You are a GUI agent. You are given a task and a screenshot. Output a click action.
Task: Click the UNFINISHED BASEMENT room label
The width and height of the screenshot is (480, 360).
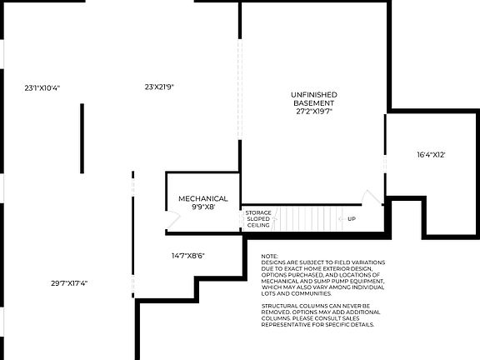click(x=313, y=98)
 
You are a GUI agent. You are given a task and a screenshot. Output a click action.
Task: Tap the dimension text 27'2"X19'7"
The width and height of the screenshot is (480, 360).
click(x=313, y=110)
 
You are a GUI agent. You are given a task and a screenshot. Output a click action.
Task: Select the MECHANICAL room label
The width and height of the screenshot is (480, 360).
click(x=203, y=198)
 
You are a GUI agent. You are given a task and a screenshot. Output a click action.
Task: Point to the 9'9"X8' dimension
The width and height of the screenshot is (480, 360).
click(x=203, y=207)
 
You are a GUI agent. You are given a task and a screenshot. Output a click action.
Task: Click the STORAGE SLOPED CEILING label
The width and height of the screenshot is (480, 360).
click(x=257, y=219)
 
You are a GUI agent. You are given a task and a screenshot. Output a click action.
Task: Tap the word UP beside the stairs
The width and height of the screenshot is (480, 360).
click(x=352, y=219)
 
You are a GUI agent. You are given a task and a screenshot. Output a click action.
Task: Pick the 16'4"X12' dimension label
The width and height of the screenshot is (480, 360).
click(x=432, y=155)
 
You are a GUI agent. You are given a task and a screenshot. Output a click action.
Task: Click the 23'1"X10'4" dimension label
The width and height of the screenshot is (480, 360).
click(x=42, y=87)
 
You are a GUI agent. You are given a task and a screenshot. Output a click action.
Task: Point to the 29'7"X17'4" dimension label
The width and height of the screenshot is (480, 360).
click(x=69, y=283)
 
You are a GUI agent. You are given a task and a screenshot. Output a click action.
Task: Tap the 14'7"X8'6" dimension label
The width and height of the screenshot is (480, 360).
click(x=188, y=255)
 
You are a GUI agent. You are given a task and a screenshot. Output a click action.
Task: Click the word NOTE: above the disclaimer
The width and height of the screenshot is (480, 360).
click(x=269, y=257)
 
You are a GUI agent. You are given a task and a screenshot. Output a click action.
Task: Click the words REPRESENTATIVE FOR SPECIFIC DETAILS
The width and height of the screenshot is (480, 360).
click(x=318, y=325)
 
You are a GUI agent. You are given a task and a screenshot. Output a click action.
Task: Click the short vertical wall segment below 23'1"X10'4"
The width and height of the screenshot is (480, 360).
click(x=82, y=127)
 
